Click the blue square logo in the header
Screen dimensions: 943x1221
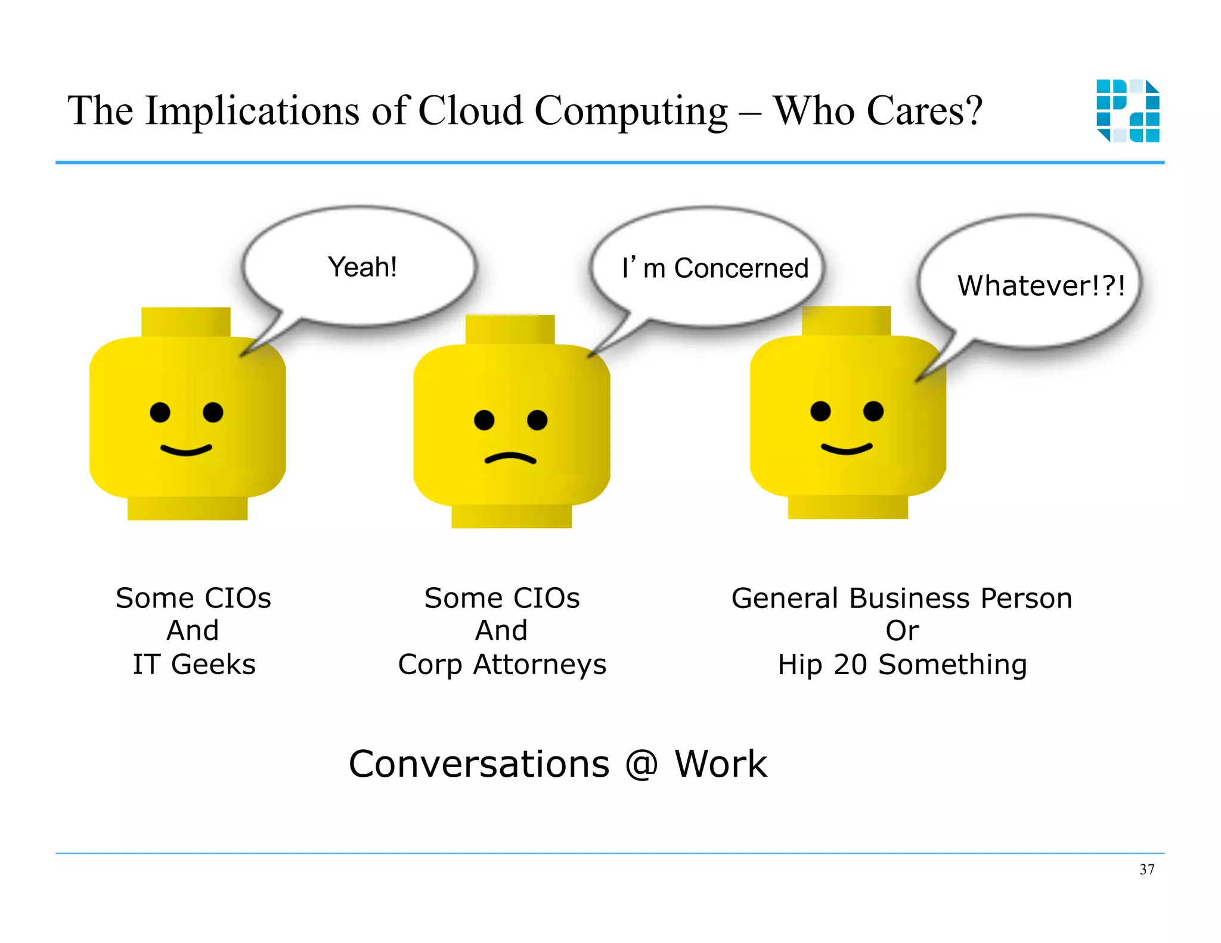[x=1128, y=111]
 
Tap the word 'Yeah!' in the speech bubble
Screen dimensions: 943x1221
[x=362, y=267]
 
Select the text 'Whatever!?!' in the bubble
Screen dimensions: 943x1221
[x=1041, y=286]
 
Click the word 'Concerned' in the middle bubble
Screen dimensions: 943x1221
[x=741, y=269]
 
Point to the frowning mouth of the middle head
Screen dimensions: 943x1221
[x=510, y=458]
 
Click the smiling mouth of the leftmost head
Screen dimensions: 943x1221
[x=186, y=449]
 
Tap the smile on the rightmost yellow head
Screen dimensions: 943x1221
[x=847, y=448]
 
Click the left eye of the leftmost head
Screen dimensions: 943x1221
[x=160, y=412]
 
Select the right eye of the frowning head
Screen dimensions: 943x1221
[x=537, y=420]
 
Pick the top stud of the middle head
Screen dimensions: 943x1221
[x=510, y=329]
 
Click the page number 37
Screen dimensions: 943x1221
[x=1146, y=870]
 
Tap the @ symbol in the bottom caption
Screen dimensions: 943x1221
[x=642, y=764]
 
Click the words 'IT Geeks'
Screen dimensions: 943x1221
[x=194, y=664]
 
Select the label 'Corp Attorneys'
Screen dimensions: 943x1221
[x=502, y=665]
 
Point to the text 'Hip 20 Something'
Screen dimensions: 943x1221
[x=902, y=665]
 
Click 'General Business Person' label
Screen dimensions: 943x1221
[x=901, y=598]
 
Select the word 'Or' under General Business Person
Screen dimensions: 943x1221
[x=902, y=631]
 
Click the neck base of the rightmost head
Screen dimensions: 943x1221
[x=848, y=507]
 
